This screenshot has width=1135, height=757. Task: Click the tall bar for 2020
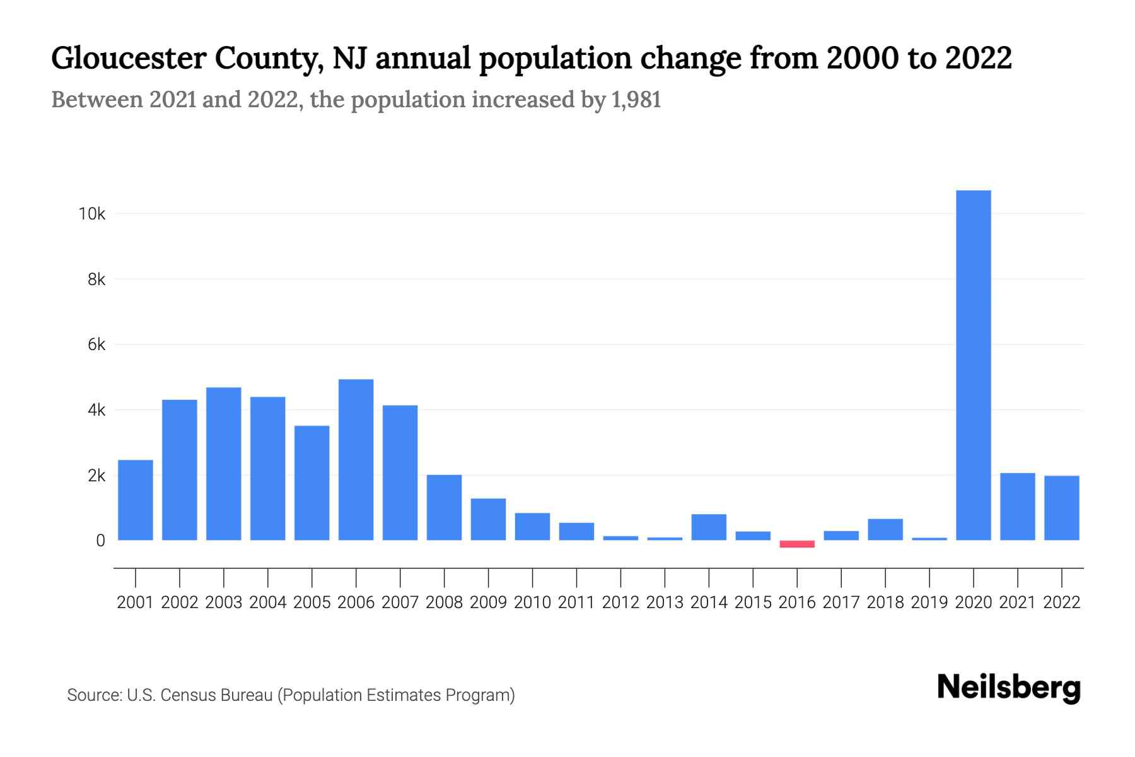pyautogui.click(x=973, y=365)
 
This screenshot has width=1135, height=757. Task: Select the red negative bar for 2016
pyautogui.click(x=797, y=544)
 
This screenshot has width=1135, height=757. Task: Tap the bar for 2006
pyautogui.click(x=356, y=460)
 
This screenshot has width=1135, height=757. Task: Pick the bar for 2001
pyautogui.click(x=136, y=500)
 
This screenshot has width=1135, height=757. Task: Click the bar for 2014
pyautogui.click(x=709, y=527)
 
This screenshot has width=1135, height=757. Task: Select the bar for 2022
pyautogui.click(x=1062, y=508)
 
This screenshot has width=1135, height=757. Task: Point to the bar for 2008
pyautogui.click(x=445, y=508)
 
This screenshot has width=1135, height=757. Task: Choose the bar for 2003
pyautogui.click(x=224, y=464)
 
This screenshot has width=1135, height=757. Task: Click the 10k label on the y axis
pyautogui.click(x=92, y=214)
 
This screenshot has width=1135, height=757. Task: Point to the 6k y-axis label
pyautogui.click(x=96, y=344)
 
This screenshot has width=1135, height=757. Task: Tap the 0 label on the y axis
pyautogui.click(x=100, y=541)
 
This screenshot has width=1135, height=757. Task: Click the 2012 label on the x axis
pyautogui.click(x=620, y=602)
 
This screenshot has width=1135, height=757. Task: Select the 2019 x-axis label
pyautogui.click(x=929, y=602)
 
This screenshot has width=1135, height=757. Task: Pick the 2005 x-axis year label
pyautogui.click(x=312, y=602)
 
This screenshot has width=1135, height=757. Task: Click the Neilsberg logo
pyautogui.click(x=1009, y=688)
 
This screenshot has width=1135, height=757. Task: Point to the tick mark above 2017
pyautogui.click(x=841, y=577)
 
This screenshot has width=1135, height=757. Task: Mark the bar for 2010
pyautogui.click(x=532, y=527)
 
